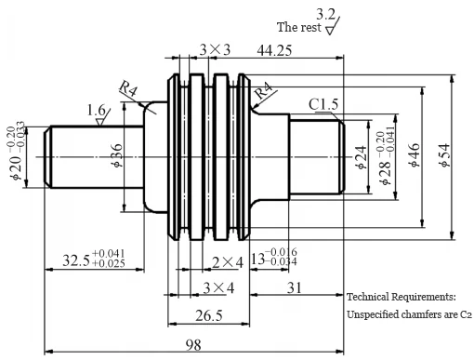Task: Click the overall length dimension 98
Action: [193, 344]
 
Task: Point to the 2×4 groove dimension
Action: [227, 262]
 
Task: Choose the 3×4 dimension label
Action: [218, 287]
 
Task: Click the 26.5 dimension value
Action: [208, 315]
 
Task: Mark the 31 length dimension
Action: [294, 288]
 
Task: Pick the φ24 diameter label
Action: [362, 156]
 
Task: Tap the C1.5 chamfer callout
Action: [324, 105]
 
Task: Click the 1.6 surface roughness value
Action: [97, 110]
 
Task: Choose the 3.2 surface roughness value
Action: [327, 13]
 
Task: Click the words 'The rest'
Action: [298, 27]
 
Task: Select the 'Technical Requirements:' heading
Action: [401, 297]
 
